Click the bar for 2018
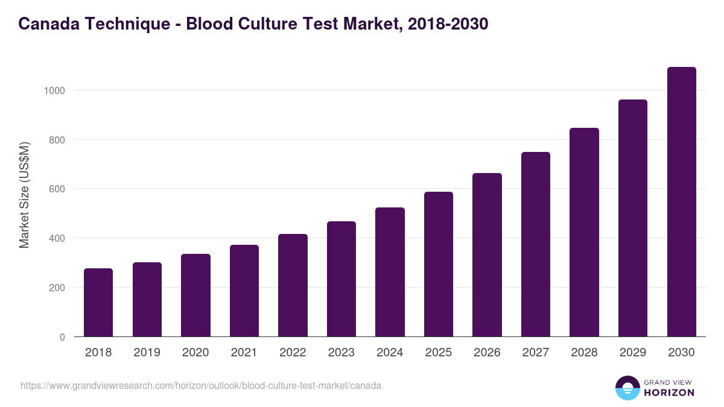[x=98, y=303]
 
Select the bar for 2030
[x=681, y=202]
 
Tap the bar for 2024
[x=390, y=272]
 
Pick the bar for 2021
[x=244, y=291]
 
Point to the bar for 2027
[x=536, y=244]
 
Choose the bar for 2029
[x=632, y=218]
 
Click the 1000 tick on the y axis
[x=54, y=90]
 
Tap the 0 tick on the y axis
[x=62, y=337]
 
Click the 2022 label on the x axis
[x=293, y=353]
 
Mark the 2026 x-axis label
[x=487, y=353]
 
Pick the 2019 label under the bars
[x=147, y=353]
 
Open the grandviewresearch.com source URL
[x=201, y=385]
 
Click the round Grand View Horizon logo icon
[x=627, y=388]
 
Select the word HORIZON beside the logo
[x=668, y=393]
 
